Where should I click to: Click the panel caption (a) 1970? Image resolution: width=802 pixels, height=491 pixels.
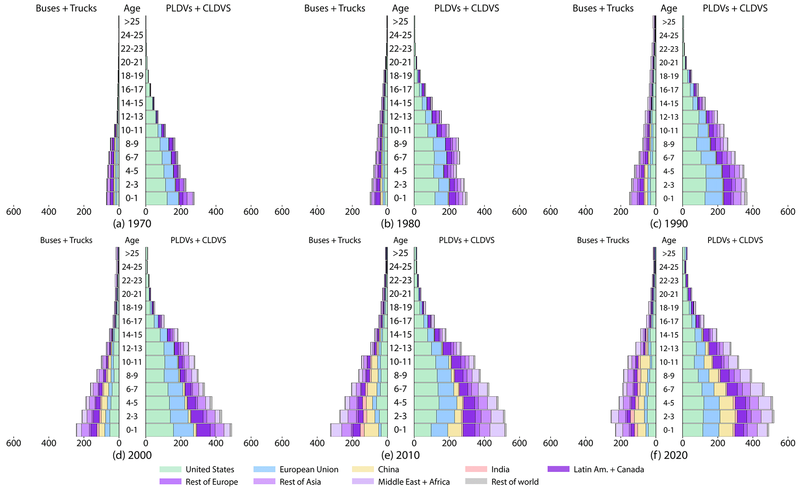pos(132,223)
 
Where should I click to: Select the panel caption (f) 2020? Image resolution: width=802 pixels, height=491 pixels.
pos(669,455)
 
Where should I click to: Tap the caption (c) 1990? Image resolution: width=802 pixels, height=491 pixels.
pos(669,223)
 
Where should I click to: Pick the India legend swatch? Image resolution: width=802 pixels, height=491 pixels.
pos(476,469)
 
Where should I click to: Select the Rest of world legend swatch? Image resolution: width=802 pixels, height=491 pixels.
pos(476,482)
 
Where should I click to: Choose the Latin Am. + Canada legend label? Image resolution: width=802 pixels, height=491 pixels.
pos(608,469)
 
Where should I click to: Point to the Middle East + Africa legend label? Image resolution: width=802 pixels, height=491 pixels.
pos(414,482)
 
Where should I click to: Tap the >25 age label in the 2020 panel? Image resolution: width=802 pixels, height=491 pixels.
pos(669,253)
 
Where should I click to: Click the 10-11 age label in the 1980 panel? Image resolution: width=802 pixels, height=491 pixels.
pos(400,130)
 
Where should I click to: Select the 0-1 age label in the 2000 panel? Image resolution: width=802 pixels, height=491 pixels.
pos(132,430)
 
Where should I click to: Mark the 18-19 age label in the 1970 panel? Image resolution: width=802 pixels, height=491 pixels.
pos(132,76)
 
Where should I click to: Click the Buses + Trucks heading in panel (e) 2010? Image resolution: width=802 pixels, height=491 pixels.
pos(334,240)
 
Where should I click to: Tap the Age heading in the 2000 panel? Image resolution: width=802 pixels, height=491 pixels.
pos(132,240)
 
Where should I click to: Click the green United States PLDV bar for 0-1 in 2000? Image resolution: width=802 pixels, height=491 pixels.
pos(159,430)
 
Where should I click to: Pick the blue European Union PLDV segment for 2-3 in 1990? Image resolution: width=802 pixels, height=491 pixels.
pos(714,185)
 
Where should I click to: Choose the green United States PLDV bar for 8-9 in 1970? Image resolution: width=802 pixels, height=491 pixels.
pos(153,144)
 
